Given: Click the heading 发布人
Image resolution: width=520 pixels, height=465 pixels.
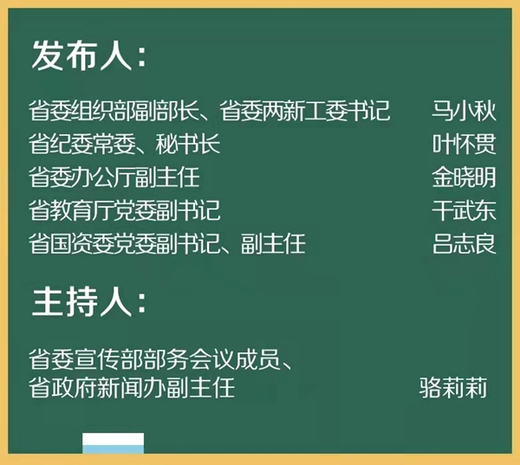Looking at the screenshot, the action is coord(82,55).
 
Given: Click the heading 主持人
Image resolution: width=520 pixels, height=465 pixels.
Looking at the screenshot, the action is coord(82,301).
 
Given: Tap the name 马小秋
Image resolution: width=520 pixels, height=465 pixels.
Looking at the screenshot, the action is coord(464,110).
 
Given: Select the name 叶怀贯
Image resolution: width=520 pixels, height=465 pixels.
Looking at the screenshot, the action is coord(464,144).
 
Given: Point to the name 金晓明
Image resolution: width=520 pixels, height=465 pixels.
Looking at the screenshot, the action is coord(464,178).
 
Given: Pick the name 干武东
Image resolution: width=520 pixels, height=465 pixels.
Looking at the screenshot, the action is coord(464,210).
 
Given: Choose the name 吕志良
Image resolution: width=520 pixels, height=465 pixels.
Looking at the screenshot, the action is coord(464,243).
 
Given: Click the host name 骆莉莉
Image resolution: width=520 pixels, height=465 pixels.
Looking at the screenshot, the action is coord(453,387).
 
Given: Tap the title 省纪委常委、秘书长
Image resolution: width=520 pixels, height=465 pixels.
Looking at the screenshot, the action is coord(124,144).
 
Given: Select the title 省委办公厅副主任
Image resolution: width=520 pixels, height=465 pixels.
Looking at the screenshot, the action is coord(114,178).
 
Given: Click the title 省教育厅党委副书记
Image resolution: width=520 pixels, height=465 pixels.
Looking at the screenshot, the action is coord(124,210).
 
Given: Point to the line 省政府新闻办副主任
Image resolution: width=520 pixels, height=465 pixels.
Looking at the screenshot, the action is coord(132,387).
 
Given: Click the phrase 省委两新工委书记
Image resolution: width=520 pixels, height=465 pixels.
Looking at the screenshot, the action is coord(304,110).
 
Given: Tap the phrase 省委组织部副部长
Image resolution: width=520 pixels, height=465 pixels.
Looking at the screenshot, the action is coord(114,110).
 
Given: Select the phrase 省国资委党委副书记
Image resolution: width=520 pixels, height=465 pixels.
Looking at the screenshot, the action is coord(124,243).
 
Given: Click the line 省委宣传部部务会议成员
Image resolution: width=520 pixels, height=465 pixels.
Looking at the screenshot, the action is coord(154,359).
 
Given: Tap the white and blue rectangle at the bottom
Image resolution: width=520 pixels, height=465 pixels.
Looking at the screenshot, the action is coord(113,442).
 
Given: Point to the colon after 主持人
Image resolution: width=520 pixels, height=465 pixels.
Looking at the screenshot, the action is coord(141,304).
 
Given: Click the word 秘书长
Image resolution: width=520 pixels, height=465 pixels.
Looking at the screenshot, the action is coord(188,144).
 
